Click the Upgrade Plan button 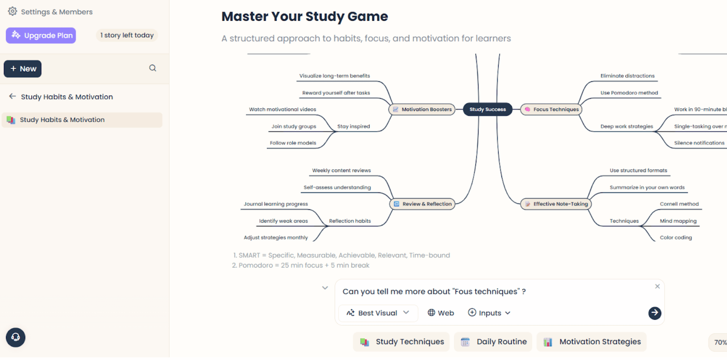coord(41,35)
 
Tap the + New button coord(23,69)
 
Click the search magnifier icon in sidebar coord(153,68)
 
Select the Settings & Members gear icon coord(13,11)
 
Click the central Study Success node coord(487,109)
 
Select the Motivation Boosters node coord(422,109)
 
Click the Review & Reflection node coord(422,204)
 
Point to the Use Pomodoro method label coord(629,93)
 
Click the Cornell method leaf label coord(679,204)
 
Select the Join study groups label coord(293,126)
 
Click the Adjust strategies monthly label coord(275,237)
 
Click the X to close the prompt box coord(657,286)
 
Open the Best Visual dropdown coord(378,313)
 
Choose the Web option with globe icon coord(441,313)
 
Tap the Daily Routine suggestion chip coord(493,342)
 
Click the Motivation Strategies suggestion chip coord(592,342)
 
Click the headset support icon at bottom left coord(16,337)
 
